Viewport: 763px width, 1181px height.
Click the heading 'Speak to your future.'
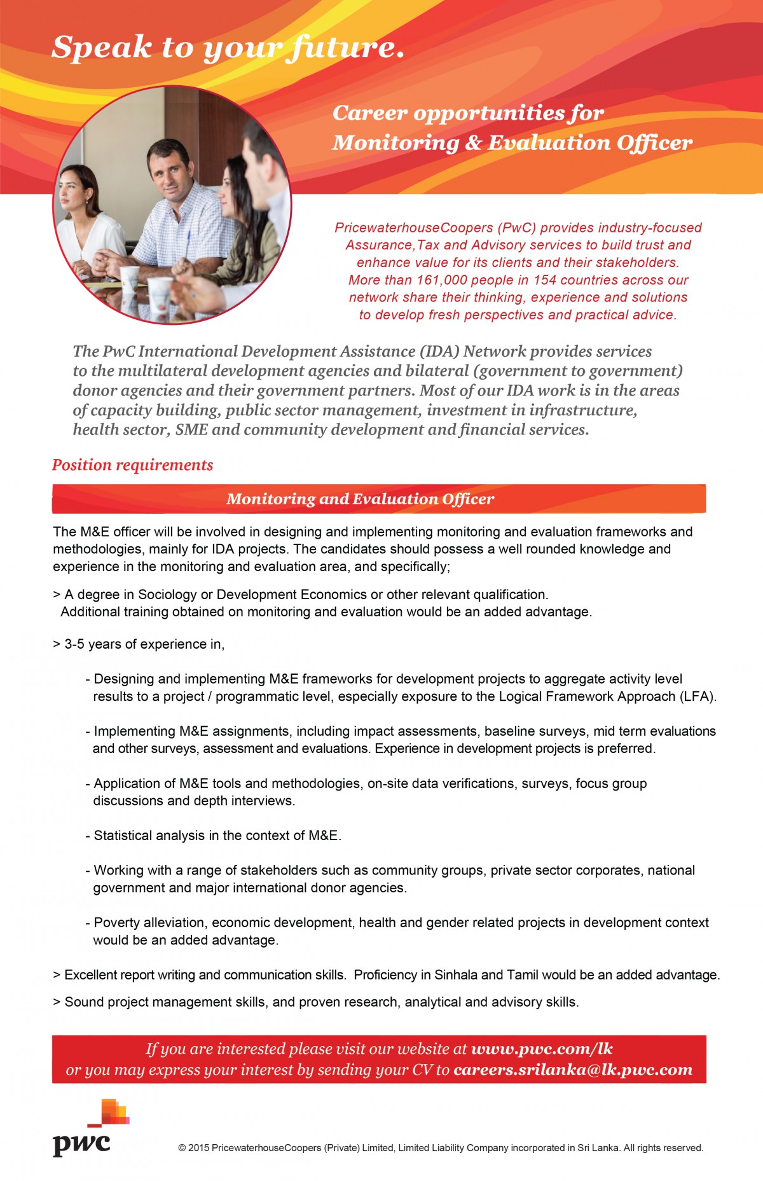pyautogui.click(x=228, y=48)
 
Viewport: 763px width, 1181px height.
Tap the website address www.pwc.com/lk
pyautogui.click(x=542, y=1049)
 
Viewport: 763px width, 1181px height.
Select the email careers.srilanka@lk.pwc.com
pyautogui.click(x=573, y=1070)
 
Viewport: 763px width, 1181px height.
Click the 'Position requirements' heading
pyautogui.click(x=132, y=465)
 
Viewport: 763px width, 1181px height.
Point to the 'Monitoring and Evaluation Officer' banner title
pyautogui.click(x=360, y=499)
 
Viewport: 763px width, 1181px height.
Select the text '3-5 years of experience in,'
pyautogui.click(x=144, y=644)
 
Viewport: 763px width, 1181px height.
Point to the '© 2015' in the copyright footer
pyautogui.click(x=193, y=1148)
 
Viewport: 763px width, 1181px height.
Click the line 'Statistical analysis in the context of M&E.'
pyautogui.click(x=217, y=836)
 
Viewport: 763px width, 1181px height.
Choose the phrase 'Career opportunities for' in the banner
pyautogui.click(x=468, y=113)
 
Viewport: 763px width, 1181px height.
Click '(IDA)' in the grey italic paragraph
pyautogui.click(x=439, y=352)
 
